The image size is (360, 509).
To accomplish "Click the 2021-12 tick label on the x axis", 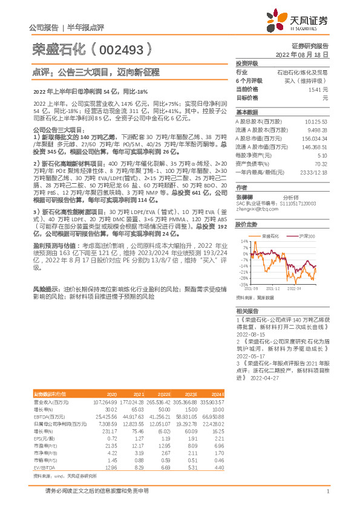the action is coord(272,289).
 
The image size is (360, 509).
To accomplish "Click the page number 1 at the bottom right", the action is coord(327,492).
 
